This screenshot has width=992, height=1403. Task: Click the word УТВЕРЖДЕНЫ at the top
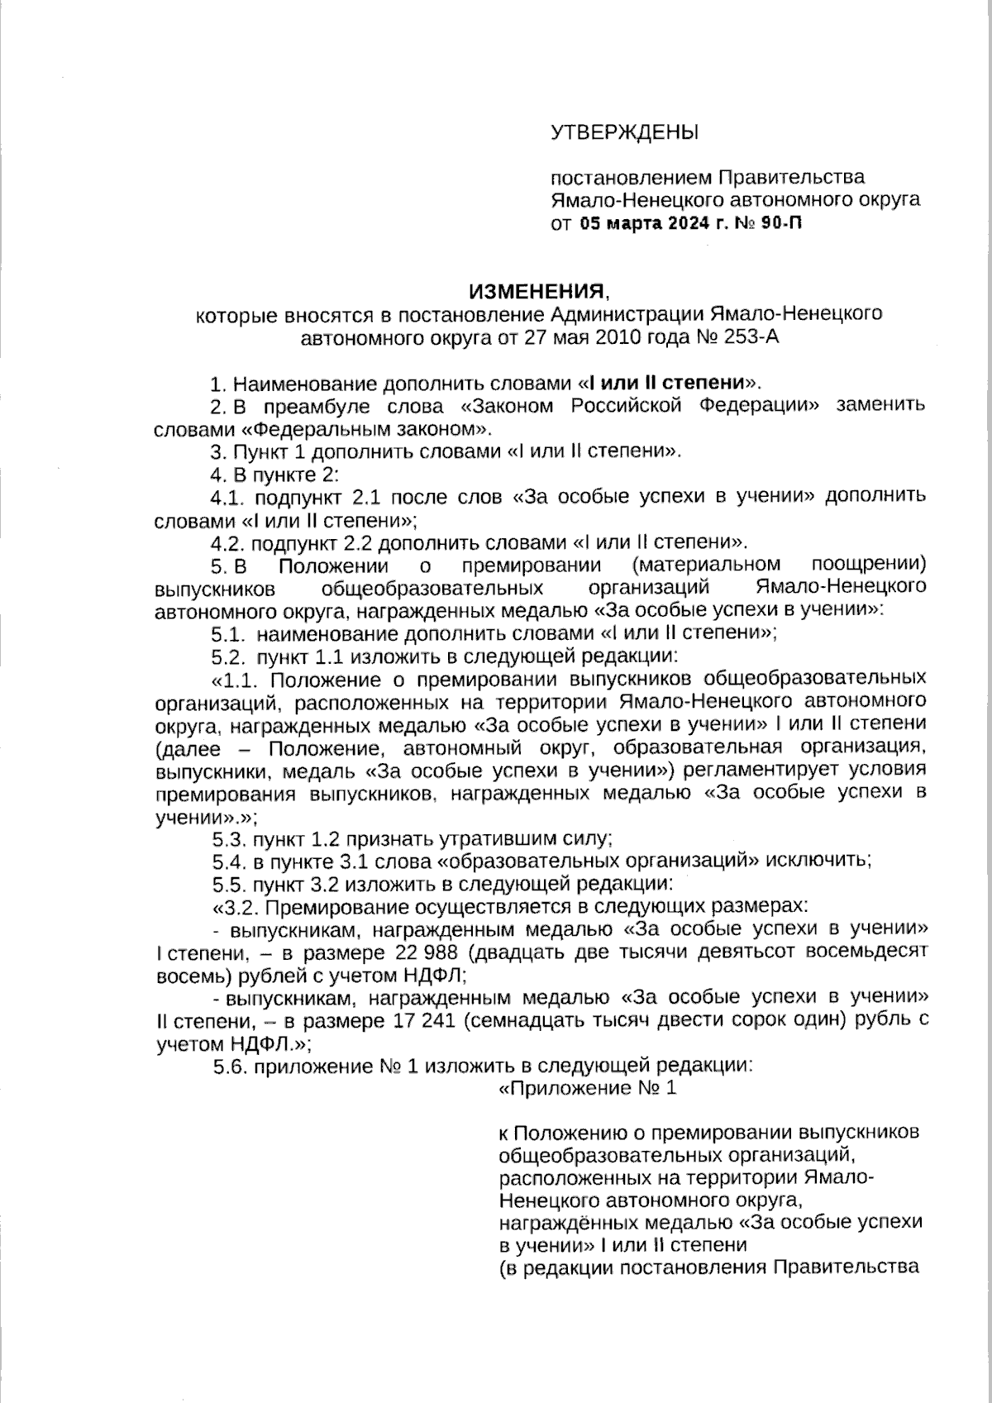tap(624, 132)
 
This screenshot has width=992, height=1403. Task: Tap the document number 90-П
tap(780, 223)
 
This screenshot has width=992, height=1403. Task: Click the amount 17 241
tap(426, 1020)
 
